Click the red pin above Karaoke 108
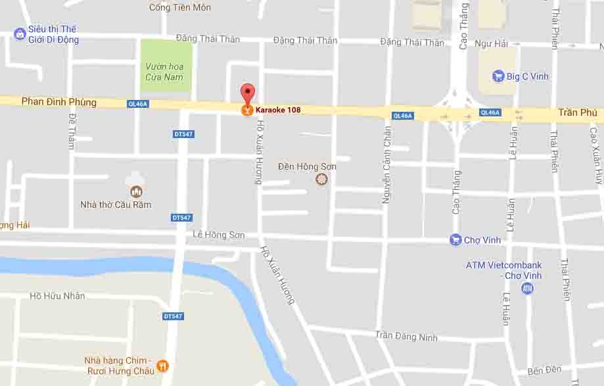247,93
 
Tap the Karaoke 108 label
278,110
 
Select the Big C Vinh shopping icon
498,76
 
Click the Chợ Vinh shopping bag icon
455,240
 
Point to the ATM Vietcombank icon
527,289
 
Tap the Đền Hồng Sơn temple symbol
321,179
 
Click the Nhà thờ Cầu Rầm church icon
136,191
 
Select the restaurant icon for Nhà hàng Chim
163,366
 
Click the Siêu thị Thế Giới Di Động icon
20,34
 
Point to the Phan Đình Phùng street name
59,102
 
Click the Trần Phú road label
578,112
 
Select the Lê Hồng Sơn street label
219,235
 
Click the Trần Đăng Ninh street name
406,336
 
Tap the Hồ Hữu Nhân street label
57,296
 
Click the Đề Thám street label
72,131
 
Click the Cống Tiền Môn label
180,7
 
